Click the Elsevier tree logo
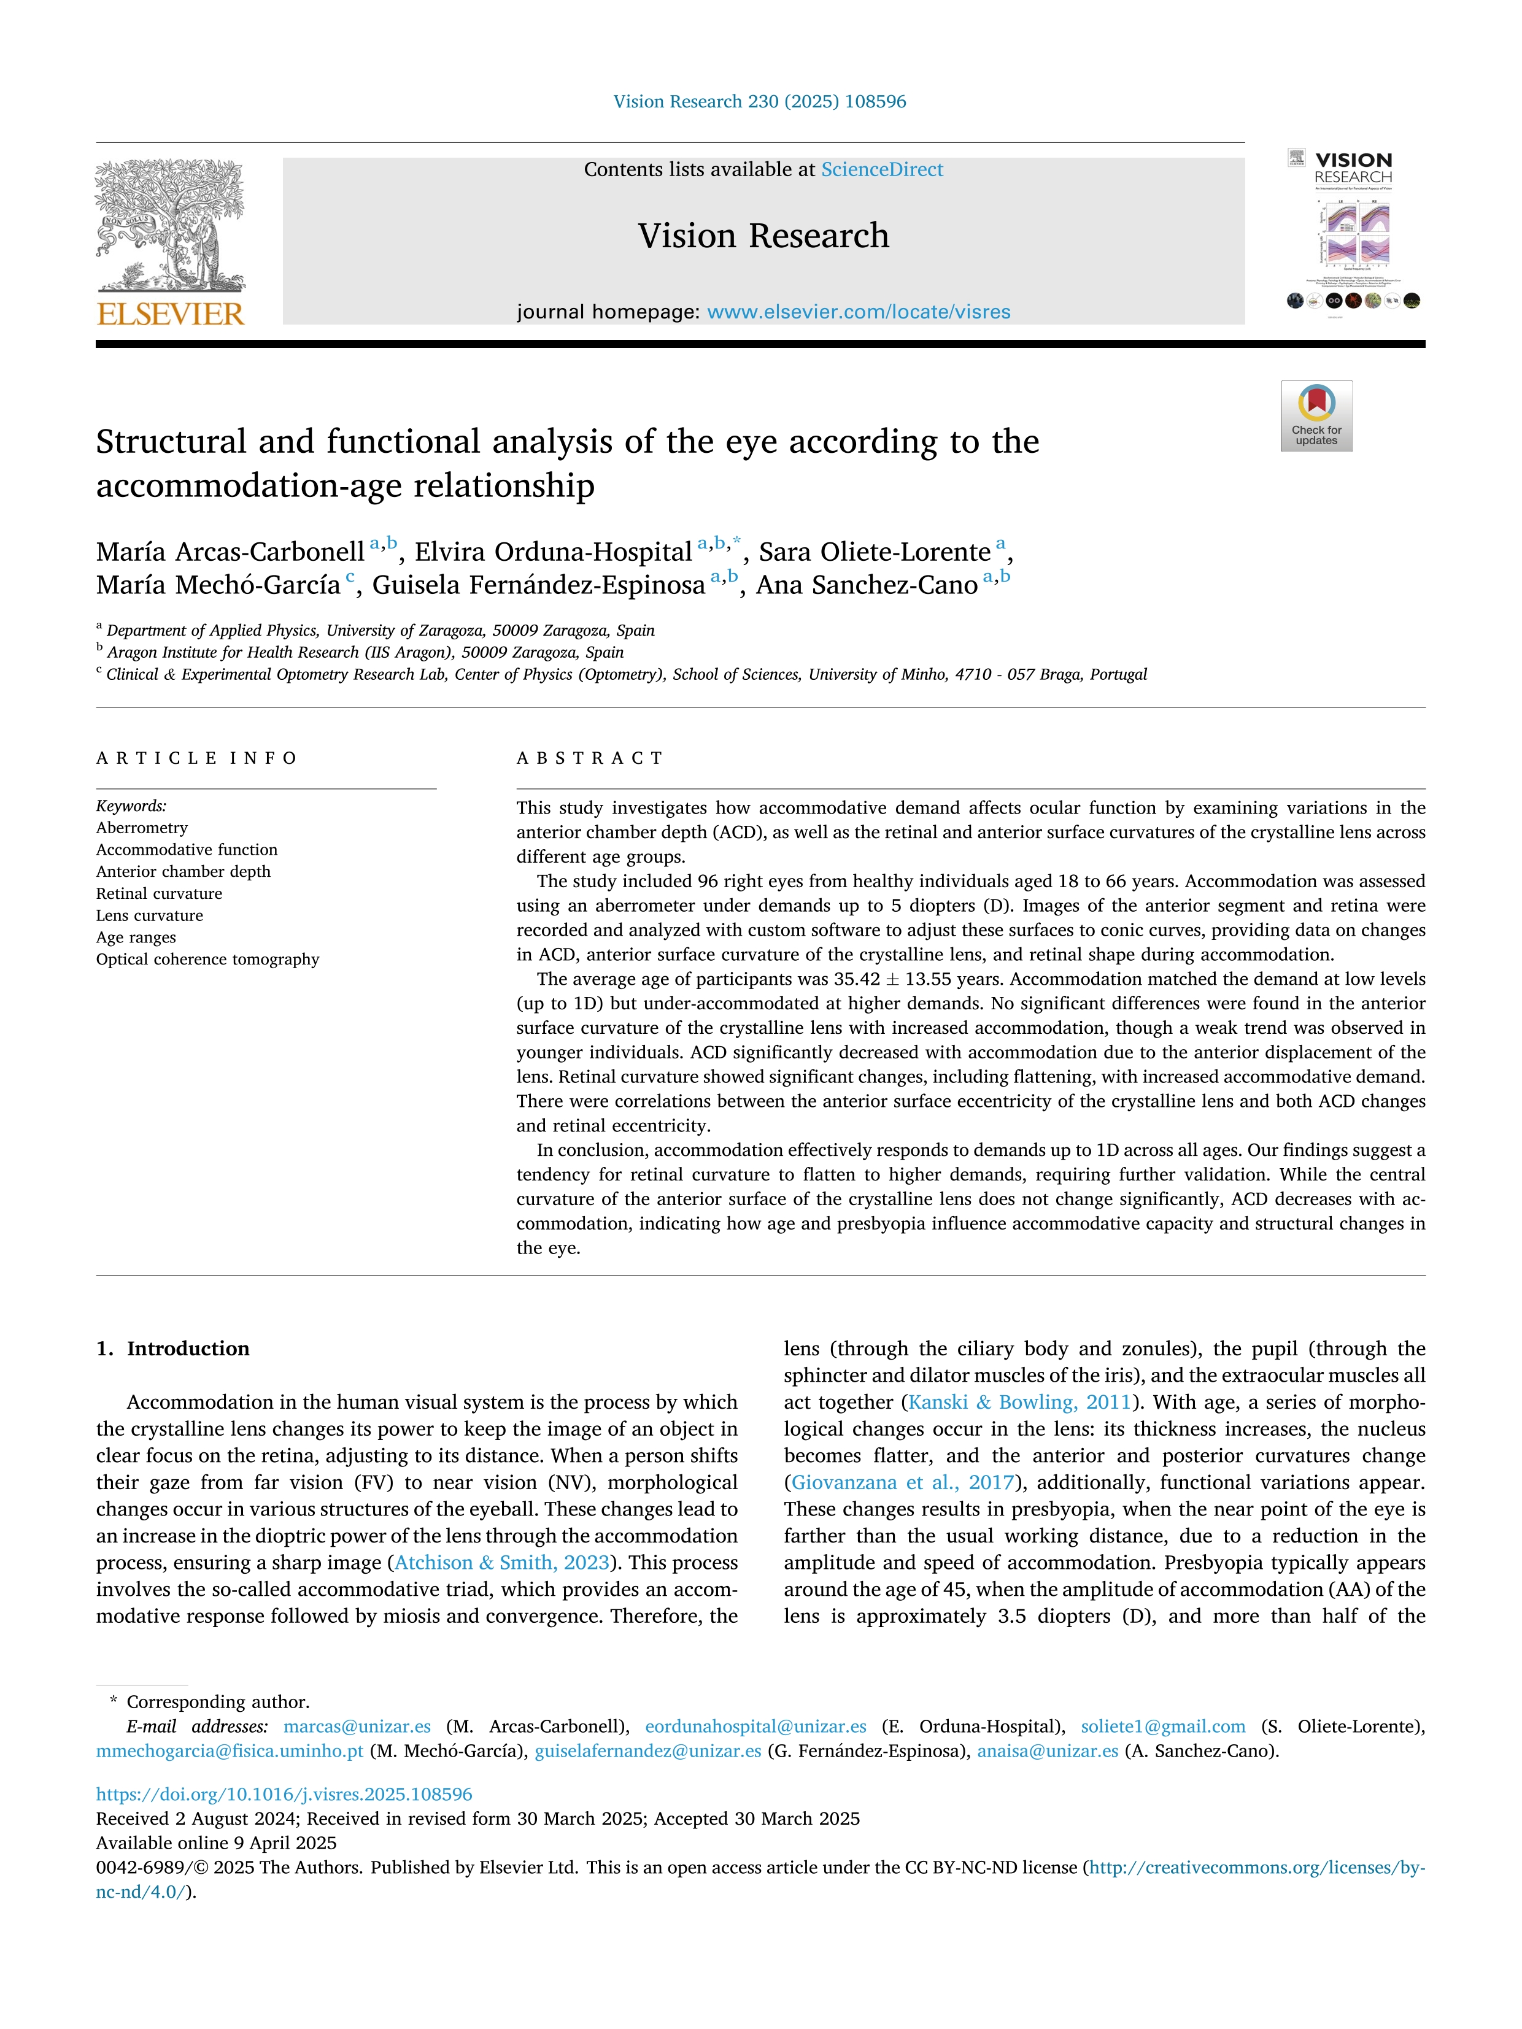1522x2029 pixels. [x=171, y=225]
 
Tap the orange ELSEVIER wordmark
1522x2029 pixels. [x=171, y=315]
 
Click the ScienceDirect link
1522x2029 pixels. [x=882, y=170]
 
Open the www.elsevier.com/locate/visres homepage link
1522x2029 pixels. [x=859, y=312]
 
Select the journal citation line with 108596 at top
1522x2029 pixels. [x=760, y=102]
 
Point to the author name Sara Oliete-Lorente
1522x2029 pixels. [x=875, y=552]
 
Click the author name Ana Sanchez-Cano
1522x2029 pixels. [x=867, y=585]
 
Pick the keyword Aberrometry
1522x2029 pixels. [x=142, y=828]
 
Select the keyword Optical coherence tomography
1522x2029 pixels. [x=207, y=960]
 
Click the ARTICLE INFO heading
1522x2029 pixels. [x=196, y=758]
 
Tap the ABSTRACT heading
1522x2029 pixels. [x=590, y=758]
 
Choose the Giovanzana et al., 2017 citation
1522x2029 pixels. [x=903, y=1482]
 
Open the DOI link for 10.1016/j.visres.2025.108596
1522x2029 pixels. [x=284, y=1794]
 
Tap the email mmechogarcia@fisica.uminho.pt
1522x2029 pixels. [x=230, y=1751]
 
